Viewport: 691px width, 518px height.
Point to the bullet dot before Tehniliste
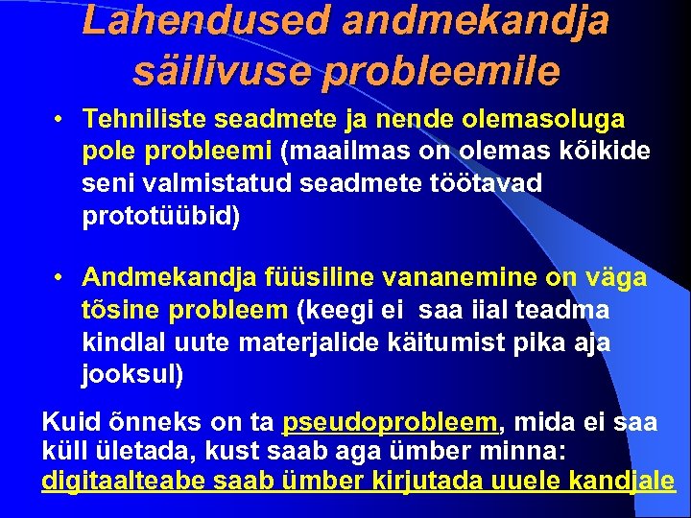click(60, 120)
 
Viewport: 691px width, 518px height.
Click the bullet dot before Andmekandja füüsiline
click(60, 278)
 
